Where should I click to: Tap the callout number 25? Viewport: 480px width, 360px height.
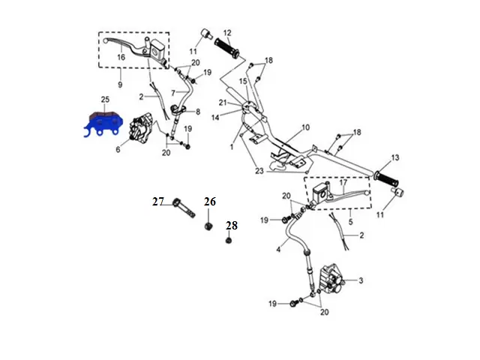(105, 100)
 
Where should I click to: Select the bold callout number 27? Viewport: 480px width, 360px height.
(157, 201)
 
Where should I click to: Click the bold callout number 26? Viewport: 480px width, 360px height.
(210, 201)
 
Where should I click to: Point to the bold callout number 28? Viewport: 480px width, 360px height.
(232, 225)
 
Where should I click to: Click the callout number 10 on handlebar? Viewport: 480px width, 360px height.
(305, 127)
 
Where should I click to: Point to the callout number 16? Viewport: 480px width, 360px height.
(120, 56)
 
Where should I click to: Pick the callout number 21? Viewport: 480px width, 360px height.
(223, 103)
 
